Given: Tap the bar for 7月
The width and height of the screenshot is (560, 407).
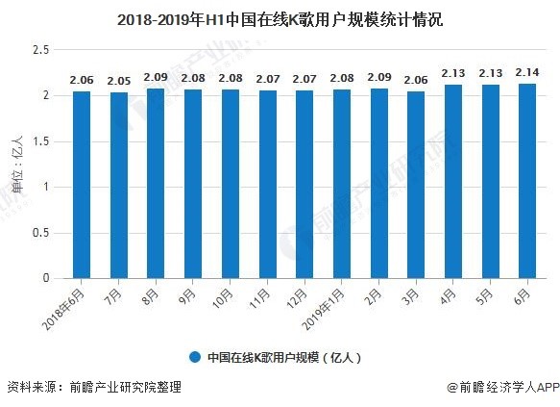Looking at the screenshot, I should click(119, 186).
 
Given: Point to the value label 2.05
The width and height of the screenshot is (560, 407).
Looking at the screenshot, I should click(119, 82).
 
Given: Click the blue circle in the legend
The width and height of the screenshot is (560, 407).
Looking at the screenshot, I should click(195, 356).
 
